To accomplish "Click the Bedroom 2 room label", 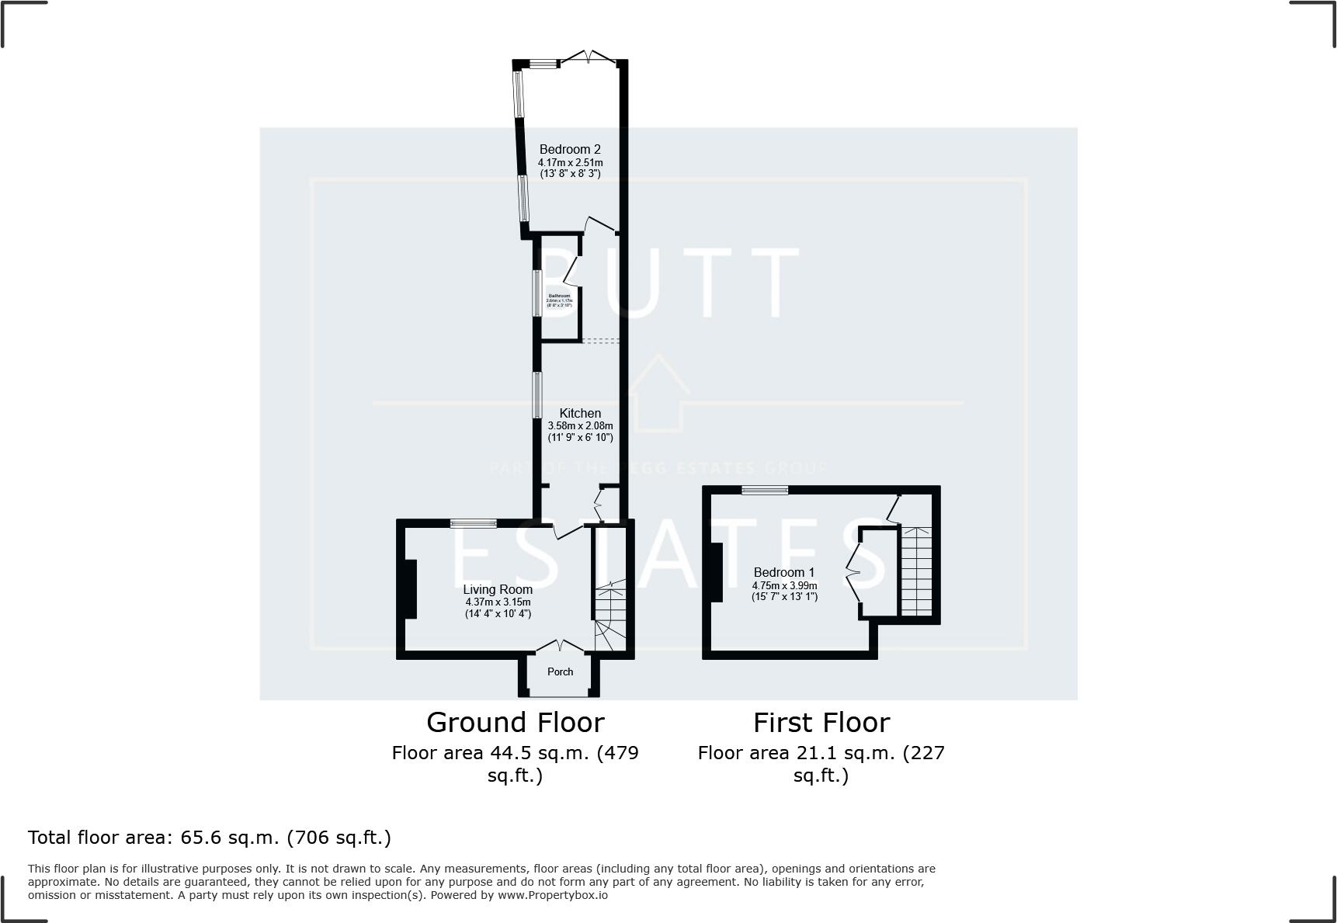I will tap(570, 149).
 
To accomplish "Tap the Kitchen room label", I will tap(580, 413).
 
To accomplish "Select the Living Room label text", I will tap(498, 589).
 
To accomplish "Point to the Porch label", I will tap(560, 671).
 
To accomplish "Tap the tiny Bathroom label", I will tap(559, 296).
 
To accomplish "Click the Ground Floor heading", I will tap(515, 723).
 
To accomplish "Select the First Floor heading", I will tap(821, 723).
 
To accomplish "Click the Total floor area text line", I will tap(210, 838).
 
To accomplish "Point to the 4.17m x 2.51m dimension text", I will tap(570, 163).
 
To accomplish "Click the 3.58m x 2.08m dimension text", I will tap(580, 425).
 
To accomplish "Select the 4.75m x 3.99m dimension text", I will tap(784, 585).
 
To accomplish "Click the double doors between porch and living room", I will tap(560, 646).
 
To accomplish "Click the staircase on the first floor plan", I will tap(916, 571).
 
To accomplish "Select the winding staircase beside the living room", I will tap(610, 617).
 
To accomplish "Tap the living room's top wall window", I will tap(473, 523).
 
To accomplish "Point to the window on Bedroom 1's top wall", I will tap(764, 490).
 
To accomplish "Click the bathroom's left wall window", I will tap(536, 293).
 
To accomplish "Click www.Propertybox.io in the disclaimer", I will tap(553, 895).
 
